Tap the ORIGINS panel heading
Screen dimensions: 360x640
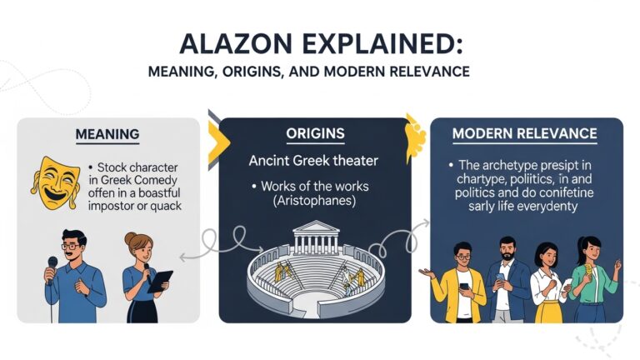coord(314,133)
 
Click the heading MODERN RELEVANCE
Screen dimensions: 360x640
coord(524,133)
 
